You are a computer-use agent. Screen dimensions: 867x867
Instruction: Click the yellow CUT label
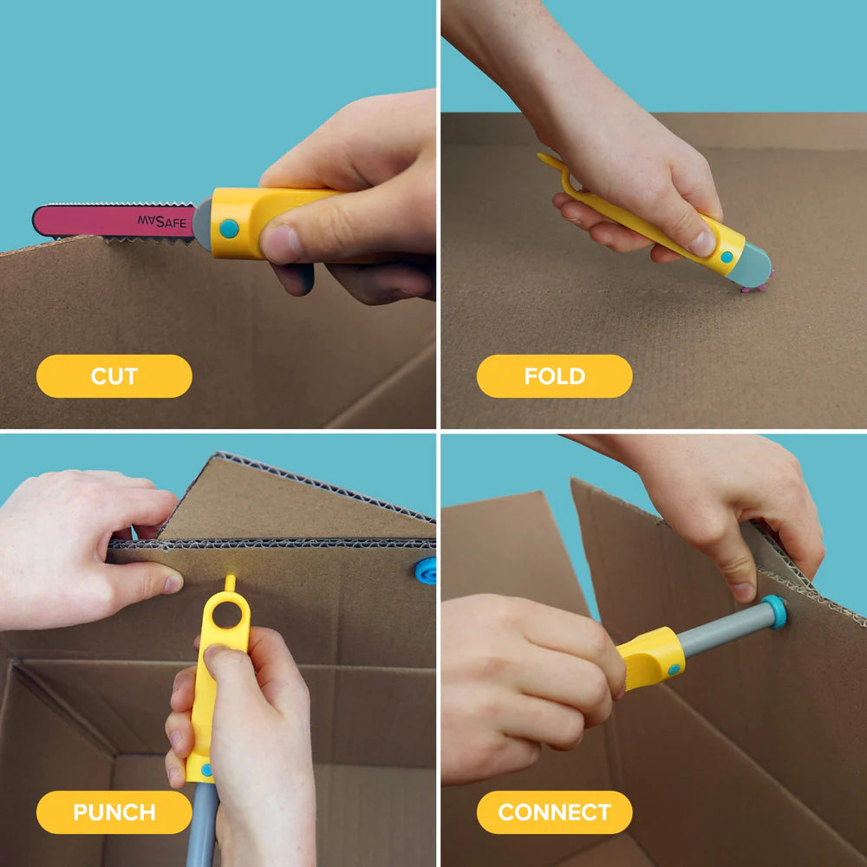pos(114,376)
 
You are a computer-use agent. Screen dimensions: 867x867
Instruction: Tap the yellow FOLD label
pos(554,376)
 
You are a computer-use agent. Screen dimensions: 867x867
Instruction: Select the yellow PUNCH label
pos(114,812)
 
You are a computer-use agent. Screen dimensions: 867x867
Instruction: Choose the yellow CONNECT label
pos(554,812)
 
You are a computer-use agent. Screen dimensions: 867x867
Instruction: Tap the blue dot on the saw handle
pos(229,229)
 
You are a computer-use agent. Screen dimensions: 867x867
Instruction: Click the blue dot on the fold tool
pos(727,256)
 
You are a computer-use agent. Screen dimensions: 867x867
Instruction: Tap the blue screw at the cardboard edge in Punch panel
pos(426,570)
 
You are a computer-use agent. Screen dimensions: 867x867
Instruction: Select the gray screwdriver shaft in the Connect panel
pos(720,630)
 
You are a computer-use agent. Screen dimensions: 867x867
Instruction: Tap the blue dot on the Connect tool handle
pos(674,669)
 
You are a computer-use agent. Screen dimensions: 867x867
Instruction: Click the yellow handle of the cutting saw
pos(251,221)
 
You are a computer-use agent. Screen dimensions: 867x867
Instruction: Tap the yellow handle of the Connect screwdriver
pos(652,659)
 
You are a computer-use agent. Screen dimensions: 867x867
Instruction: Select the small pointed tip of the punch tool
pos(230,581)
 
